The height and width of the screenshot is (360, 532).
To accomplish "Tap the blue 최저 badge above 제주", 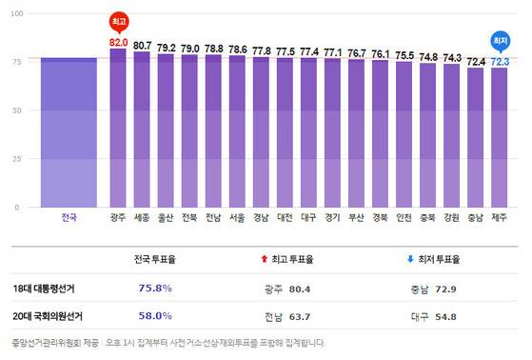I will tap(500, 40).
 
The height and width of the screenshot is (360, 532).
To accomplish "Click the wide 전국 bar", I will tap(69, 132).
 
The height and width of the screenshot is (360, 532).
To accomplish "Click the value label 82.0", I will tap(118, 42).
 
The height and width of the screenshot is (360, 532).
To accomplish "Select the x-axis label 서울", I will tap(237, 217).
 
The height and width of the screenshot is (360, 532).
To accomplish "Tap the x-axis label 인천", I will tap(404, 217).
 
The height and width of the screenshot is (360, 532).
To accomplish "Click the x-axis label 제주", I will tap(500, 217).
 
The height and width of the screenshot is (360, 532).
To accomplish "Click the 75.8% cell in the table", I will tap(155, 287).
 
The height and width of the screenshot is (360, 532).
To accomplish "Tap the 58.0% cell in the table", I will tap(155, 315).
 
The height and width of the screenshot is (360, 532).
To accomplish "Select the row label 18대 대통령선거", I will tap(46, 287).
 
